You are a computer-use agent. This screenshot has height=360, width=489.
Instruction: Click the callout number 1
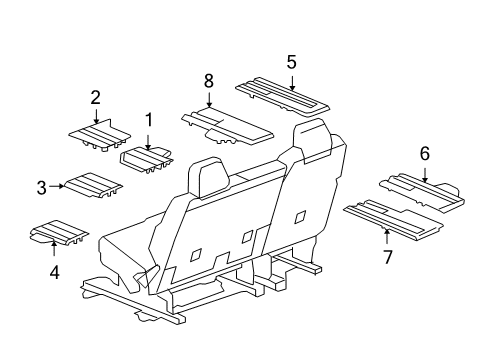click(149, 120)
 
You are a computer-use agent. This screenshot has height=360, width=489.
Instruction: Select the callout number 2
click(95, 98)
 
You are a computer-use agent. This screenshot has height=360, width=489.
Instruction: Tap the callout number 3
click(41, 188)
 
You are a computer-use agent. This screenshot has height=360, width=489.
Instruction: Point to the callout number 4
click(55, 272)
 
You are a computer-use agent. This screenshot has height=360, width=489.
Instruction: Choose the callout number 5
click(291, 62)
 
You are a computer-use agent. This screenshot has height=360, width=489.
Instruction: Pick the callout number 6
click(425, 154)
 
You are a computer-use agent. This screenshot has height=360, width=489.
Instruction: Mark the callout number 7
click(387, 257)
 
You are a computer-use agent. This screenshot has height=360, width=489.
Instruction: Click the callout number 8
click(209, 81)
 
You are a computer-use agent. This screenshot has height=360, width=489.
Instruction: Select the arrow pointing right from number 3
click(56, 186)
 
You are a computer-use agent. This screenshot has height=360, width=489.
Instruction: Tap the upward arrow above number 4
click(54, 248)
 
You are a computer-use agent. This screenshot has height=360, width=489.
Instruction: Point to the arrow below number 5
click(292, 84)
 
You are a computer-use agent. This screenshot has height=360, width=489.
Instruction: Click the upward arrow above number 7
click(387, 236)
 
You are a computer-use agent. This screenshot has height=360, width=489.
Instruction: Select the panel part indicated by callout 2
click(100, 135)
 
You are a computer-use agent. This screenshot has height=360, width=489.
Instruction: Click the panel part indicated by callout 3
click(93, 185)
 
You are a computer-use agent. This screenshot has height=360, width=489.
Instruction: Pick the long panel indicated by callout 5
click(282, 96)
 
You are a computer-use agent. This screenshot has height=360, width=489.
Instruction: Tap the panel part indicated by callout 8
click(228, 125)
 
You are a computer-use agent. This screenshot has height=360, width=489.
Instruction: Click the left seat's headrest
click(209, 178)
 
